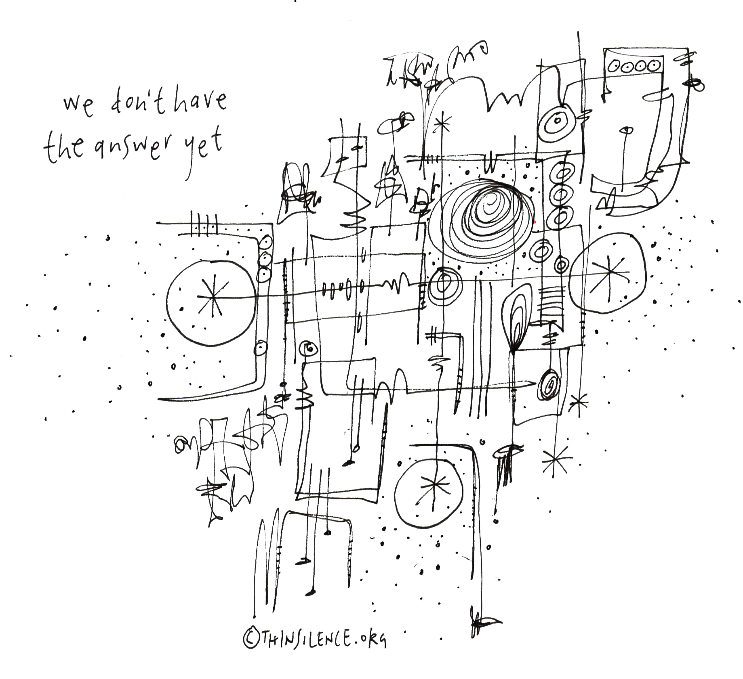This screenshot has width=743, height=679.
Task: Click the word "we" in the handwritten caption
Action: click(78, 104)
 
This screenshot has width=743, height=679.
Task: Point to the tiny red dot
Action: click(535, 222)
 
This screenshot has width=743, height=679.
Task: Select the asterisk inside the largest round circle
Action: click(212, 298)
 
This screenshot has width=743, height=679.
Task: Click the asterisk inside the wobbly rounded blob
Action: click(607, 273)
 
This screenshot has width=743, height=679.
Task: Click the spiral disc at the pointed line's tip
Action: click(549, 385)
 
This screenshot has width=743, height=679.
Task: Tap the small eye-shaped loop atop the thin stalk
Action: click(627, 130)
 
